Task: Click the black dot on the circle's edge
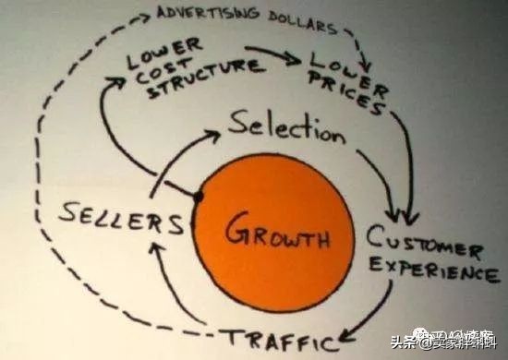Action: pos(198,197)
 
